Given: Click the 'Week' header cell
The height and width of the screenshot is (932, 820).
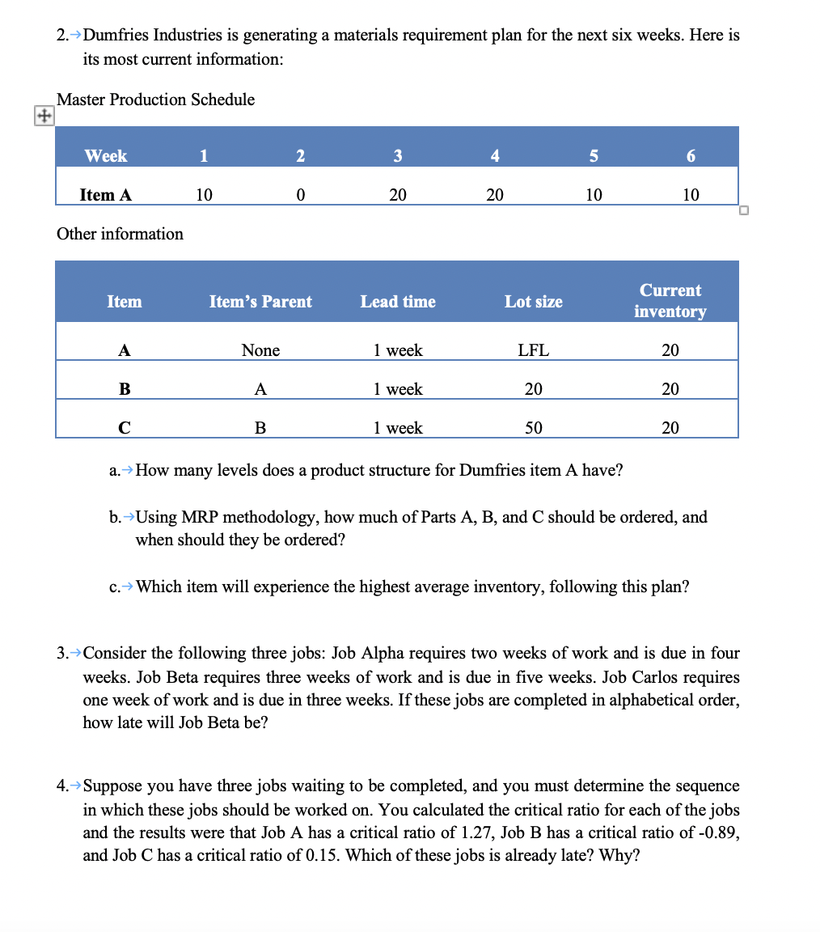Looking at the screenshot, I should click(106, 155).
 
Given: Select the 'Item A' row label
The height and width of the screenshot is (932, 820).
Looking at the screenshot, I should click(106, 195).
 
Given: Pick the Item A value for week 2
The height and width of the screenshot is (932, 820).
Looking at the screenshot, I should click(300, 195).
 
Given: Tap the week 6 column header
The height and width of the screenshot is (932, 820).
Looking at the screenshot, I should click(690, 156).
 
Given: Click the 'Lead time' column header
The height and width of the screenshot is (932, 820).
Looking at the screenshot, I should click(398, 302).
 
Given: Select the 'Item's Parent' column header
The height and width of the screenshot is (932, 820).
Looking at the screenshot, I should click(260, 302).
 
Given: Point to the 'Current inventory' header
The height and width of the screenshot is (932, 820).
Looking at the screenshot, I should click(670, 301).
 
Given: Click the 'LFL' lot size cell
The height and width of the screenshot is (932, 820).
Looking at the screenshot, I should click(533, 350).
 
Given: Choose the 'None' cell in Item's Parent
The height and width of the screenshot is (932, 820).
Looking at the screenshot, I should click(260, 350).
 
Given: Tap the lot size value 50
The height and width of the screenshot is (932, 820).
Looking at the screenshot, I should click(533, 428).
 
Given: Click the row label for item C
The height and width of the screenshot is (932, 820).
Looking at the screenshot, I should click(124, 428).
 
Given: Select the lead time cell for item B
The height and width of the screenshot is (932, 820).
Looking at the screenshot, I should click(398, 389).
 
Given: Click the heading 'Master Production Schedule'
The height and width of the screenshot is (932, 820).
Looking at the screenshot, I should click(156, 100).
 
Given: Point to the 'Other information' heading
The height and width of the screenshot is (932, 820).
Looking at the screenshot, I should click(120, 234).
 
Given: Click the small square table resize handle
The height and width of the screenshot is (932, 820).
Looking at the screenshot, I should click(744, 211).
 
